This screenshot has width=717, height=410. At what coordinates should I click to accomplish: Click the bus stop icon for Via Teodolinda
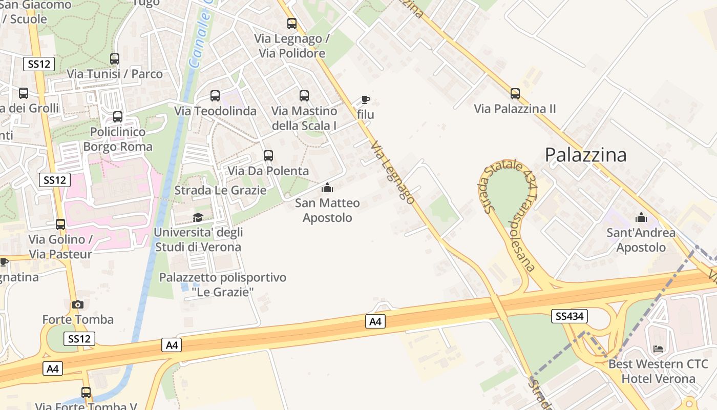tap(215, 95)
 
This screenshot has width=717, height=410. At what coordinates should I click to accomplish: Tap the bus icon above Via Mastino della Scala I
tap(304, 95)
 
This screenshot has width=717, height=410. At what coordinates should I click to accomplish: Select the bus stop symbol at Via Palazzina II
tap(515, 93)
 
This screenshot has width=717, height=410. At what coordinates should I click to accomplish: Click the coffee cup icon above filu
tap(365, 99)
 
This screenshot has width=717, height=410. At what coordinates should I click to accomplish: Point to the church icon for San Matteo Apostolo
tap(327, 188)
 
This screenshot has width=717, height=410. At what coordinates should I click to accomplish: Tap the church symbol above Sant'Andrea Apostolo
tap(641, 217)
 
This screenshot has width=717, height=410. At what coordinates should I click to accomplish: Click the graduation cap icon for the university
tap(198, 217)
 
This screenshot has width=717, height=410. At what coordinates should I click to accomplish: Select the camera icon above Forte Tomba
tap(78, 304)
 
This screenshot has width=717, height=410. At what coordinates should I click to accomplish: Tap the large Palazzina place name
tap(585, 155)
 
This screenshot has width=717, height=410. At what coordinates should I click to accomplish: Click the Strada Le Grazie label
tap(220, 190)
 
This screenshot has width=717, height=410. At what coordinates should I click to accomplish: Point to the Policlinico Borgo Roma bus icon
tap(118, 116)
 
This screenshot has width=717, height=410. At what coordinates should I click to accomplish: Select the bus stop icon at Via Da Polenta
tap(268, 156)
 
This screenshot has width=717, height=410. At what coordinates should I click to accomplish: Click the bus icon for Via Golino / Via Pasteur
tap(60, 224)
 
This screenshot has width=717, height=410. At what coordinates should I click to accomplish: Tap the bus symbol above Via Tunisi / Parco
tap(115, 58)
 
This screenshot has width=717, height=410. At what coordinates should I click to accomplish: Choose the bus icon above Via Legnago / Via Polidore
tap(292, 23)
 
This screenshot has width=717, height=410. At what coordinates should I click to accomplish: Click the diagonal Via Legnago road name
tap(392, 172)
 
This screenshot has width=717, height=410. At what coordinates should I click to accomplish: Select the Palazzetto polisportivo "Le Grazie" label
tap(223, 285)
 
